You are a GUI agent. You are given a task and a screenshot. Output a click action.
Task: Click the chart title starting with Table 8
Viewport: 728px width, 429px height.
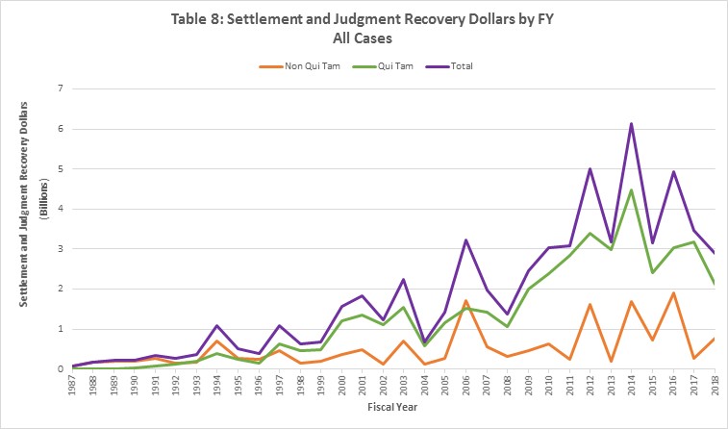point(364,17)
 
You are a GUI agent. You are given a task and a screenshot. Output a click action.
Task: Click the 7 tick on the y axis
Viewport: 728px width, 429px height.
point(60,88)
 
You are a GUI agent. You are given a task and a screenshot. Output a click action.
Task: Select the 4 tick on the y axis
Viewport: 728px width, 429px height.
point(60,209)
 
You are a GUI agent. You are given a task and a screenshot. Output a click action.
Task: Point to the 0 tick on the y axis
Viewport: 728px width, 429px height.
point(60,369)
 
